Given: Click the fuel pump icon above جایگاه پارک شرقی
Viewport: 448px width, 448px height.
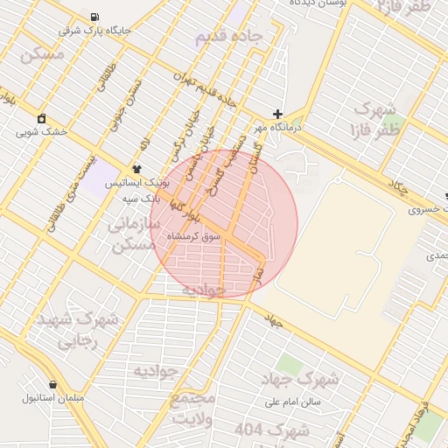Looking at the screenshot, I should coord(94,17).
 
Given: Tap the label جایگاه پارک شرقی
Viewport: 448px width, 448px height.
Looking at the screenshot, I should coord(94,31).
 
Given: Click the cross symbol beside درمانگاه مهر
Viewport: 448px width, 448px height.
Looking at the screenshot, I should coord(277,114).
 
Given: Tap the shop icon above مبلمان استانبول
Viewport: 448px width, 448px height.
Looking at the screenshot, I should coord(53,384).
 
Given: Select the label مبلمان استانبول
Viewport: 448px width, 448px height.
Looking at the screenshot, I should coord(52,398).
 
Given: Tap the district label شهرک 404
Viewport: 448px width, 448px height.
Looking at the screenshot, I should coord(273,430).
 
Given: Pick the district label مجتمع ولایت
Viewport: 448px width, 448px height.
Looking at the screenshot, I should coord(193,409).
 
